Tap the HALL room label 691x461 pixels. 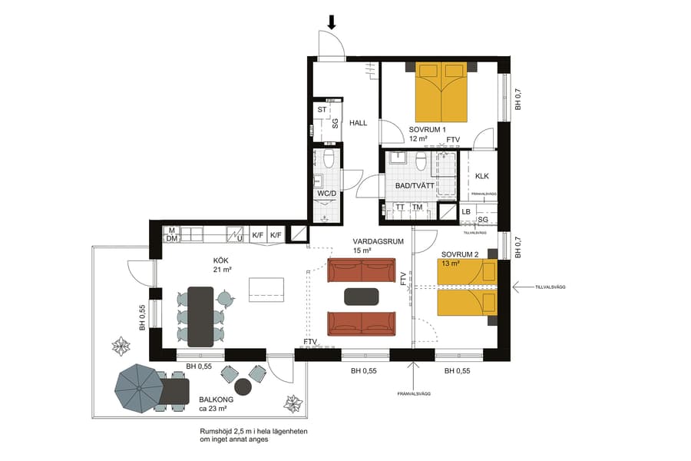(359, 123)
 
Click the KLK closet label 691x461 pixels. (482, 176)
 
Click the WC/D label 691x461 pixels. (326, 193)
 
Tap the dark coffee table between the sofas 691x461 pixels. (362, 297)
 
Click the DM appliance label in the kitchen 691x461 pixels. (172, 239)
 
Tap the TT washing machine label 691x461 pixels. (400, 207)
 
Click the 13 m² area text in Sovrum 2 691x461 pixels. (450, 264)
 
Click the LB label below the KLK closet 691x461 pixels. (466, 211)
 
